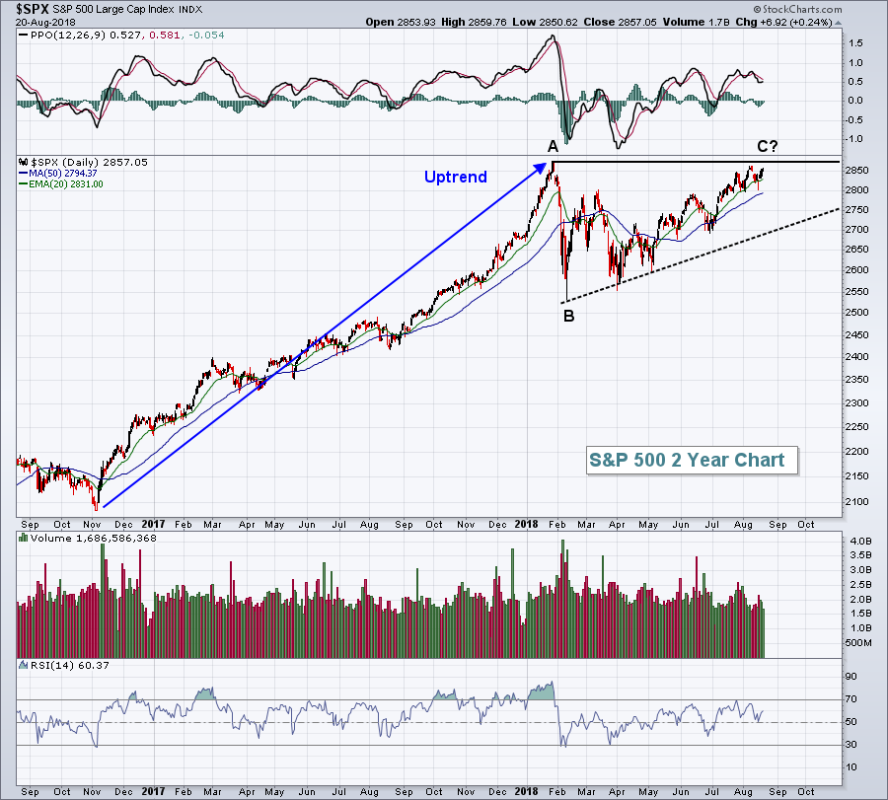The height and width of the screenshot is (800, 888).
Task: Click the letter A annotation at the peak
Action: pyautogui.click(x=554, y=146)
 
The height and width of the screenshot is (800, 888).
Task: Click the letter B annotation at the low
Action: pyautogui.click(x=568, y=316)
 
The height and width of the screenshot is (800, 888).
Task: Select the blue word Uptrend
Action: pyautogui.click(x=455, y=178)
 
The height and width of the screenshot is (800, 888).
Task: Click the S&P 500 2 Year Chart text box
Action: pyautogui.click(x=688, y=460)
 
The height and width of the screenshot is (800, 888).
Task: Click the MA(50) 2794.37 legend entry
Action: pyautogui.click(x=66, y=173)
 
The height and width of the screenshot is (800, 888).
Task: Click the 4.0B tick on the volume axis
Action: pyautogui.click(x=859, y=541)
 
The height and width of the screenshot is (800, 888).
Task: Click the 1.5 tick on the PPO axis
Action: pyautogui.click(x=854, y=43)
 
